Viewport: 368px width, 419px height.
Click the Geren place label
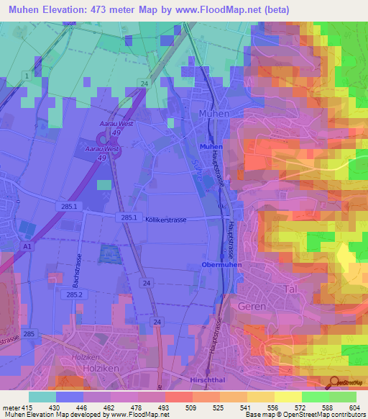[x=252, y=306]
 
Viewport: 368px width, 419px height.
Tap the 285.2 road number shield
[x=75, y=295]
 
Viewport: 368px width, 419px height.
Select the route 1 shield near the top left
[x=27, y=76]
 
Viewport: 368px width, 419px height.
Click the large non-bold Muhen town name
[x=213, y=114]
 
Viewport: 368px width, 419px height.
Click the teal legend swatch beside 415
[x=42, y=397]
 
